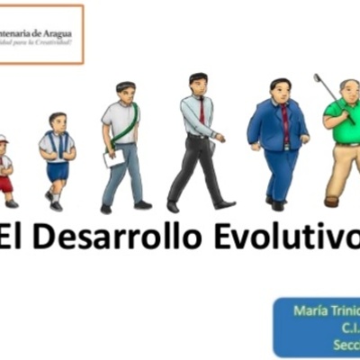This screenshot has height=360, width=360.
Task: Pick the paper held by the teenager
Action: click(114, 157)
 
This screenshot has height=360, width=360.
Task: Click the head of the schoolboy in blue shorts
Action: click(58, 121)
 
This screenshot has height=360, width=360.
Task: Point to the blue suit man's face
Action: click(280, 93)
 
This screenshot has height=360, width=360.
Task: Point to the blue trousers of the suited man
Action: click(282, 171)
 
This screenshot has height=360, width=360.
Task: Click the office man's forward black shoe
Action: click(224, 205)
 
